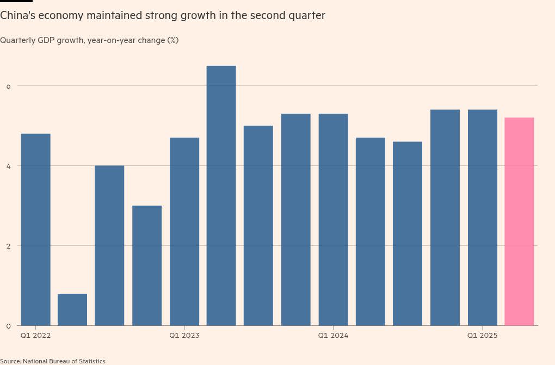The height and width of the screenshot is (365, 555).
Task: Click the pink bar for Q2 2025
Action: coord(519,221)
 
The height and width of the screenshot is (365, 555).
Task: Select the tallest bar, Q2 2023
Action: coord(221,196)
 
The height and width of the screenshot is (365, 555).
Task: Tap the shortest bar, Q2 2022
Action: coord(72,310)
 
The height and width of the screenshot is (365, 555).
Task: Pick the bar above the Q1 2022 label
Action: coord(35,230)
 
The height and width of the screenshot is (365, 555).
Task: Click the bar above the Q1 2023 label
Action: coord(184,232)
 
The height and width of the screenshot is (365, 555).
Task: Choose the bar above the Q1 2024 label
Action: coord(333,220)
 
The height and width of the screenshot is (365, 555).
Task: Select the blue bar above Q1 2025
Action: coord(482,218)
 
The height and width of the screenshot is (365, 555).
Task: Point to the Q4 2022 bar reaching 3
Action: coord(147,265)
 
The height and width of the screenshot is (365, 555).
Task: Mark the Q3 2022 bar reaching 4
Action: coord(109,245)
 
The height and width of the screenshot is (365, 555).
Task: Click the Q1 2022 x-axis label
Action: coord(35,336)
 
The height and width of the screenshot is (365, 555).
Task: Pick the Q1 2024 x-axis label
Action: coord(333,336)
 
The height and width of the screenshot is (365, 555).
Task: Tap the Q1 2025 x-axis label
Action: coord(482,336)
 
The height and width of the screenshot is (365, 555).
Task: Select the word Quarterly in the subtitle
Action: coord(18,40)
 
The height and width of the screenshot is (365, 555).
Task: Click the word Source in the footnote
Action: coord(11,361)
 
